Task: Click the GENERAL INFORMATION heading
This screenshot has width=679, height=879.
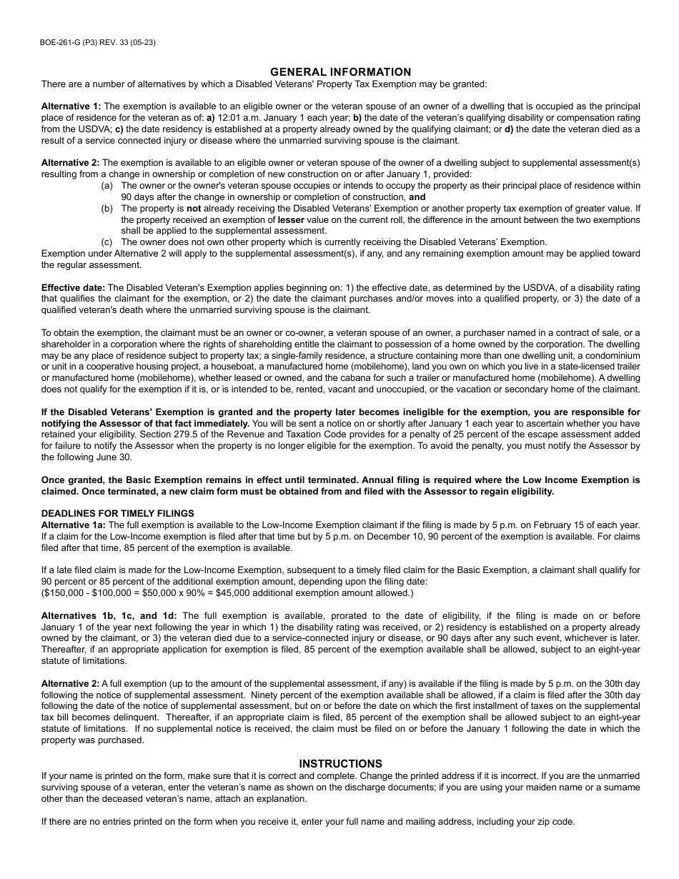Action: pos(340,72)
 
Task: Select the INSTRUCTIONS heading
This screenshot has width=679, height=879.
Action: pos(340,764)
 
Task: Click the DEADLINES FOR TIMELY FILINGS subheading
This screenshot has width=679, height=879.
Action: pos(117,513)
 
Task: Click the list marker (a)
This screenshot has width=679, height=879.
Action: pos(107,186)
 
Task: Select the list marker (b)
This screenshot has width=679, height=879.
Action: pos(107,209)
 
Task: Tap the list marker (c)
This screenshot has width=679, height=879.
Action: pos(107,242)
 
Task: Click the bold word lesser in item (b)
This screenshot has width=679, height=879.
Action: pos(291,220)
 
